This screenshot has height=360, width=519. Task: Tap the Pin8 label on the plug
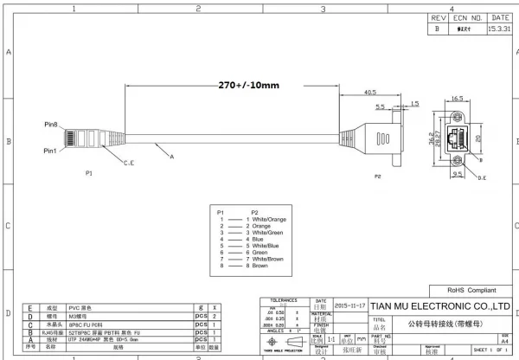pos(52,125)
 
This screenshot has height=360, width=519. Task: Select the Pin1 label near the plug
pos(52,152)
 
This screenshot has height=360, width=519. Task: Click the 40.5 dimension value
pos(369,92)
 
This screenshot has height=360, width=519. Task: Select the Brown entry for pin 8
pos(259,265)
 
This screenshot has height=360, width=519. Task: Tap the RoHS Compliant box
pos(470,291)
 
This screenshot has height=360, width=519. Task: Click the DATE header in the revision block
pos(500,17)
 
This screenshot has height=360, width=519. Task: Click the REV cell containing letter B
pos(438,28)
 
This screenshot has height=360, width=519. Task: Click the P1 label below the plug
pos(89,174)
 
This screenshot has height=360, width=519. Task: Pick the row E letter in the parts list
pos(31,307)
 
